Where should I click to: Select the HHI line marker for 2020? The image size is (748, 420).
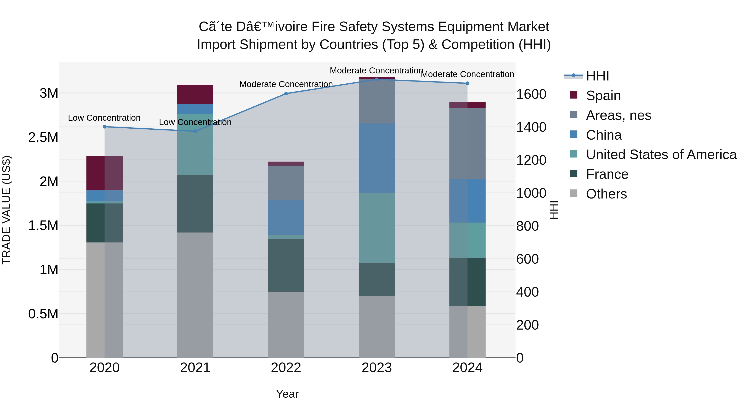point(105,127)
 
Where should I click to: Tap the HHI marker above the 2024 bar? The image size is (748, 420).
point(467,83)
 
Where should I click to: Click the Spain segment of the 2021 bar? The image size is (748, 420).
point(195,95)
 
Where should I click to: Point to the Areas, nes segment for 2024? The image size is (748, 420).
point(467,144)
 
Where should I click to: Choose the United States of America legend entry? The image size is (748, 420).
point(661,155)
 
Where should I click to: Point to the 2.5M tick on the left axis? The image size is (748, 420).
point(43,137)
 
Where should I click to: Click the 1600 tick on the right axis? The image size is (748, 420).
point(531,94)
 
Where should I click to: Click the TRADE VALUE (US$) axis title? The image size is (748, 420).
point(6,210)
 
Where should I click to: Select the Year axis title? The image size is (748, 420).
point(287,394)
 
